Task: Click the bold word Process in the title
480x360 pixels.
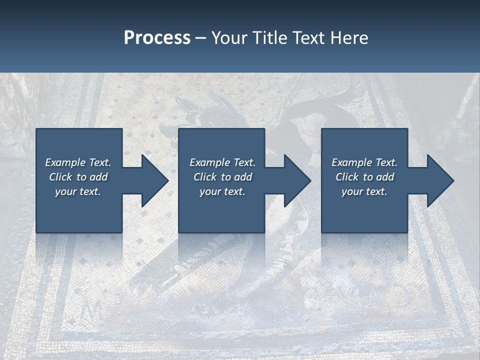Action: (x=157, y=38)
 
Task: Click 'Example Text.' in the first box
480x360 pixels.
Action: (x=78, y=162)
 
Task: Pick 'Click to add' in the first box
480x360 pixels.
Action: (x=78, y=177)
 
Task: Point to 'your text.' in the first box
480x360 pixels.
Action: (x=78, y=191)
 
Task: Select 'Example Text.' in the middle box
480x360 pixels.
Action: (x=222, y=162)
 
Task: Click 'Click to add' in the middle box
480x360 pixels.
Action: (x=222, y=177)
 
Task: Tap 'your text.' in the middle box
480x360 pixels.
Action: (x=222, y=191)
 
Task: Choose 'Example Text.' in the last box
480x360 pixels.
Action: (x=364, y=162)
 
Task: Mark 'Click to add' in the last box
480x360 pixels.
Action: (x=364, y=177)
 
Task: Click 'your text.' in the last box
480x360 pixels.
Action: (x=364, y=191)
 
